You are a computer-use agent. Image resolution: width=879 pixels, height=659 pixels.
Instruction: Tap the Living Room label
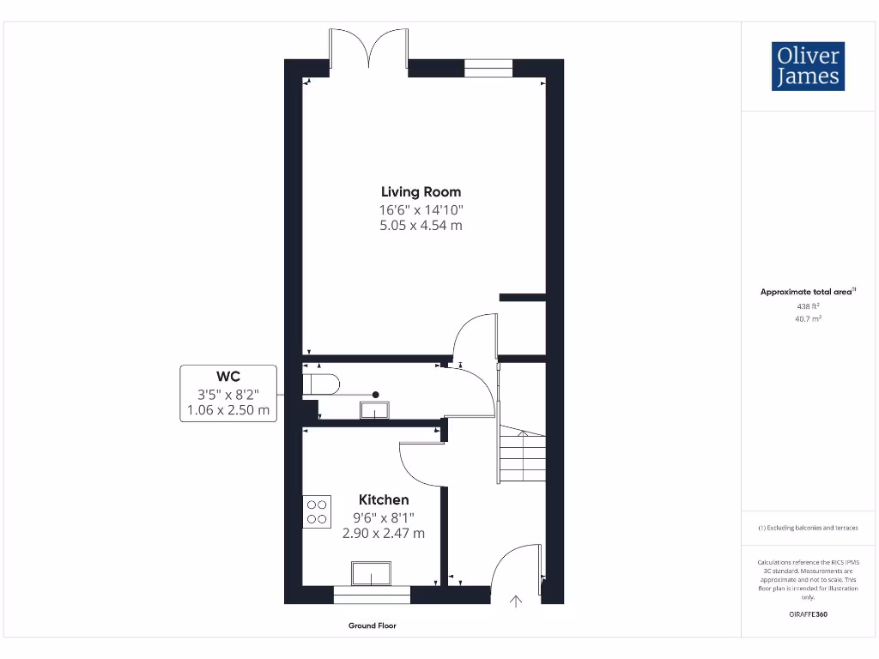click(x=421, y=192)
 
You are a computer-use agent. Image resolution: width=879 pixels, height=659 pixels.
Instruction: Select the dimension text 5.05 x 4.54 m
click(x=421, y=226)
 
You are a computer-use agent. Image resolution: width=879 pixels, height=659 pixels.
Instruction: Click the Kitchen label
click(x=383, y=499)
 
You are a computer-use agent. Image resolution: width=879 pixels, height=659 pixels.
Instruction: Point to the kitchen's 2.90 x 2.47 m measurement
click(x=383, y=533)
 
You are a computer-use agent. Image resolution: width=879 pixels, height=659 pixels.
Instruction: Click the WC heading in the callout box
click(x=227, y=377)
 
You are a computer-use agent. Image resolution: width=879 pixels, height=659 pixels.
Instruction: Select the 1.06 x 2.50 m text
click(x=227, y=410)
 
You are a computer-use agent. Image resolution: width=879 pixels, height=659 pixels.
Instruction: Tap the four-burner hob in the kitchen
click(x=317, y=511)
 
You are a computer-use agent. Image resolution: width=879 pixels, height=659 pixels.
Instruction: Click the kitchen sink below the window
click(x=371, y=573)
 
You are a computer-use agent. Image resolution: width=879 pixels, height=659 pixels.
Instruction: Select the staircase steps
click(x=522, y=456)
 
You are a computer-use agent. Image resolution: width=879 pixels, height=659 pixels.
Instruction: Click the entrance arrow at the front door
click(x=516, y=602)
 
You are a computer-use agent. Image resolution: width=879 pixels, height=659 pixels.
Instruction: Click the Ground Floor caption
click(x=372, y=626)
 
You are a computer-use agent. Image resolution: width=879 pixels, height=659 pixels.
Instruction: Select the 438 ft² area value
click(x=808, y=305)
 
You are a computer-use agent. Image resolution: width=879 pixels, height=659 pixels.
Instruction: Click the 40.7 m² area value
click(x=808, y=318)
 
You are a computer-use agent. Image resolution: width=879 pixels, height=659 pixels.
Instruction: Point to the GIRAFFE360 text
click(x=808, y=614)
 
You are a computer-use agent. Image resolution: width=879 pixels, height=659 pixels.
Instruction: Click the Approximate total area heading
click(x=807, y=292)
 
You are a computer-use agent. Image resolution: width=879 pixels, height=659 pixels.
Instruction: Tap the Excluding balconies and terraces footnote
click(x=808, y=528)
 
